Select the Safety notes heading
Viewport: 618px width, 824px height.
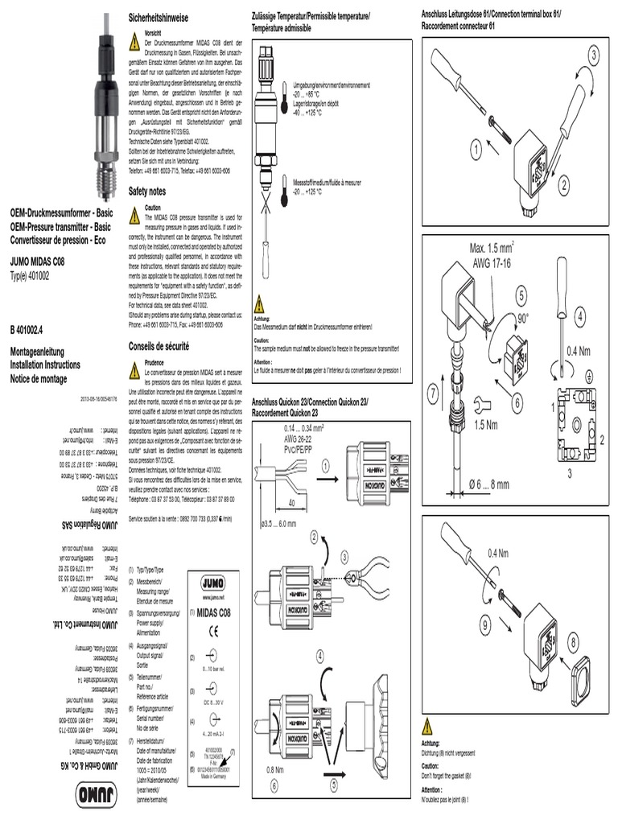click(x=147, y=192)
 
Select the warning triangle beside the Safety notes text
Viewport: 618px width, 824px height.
click(x=135, y=213)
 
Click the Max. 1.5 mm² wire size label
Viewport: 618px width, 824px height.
click(x=492, y=249)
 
